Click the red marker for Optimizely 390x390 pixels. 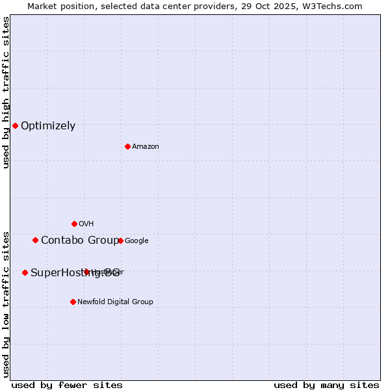point(15,125)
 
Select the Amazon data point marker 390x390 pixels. point(127,146)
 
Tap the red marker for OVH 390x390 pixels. point(74,224)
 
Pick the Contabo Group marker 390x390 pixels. point(35,240)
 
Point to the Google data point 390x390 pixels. point(120,240)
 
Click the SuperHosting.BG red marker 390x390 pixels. point(25,272)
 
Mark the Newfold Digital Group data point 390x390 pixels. point(73,302)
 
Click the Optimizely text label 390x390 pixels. point(48,126)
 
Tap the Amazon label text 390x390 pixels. point(146,147)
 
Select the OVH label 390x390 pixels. point(86,224)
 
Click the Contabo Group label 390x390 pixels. point(79,240)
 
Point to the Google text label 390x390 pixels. point(136,241)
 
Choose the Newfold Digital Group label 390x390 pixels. point(115,302)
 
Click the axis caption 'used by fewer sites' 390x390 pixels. point(67,385)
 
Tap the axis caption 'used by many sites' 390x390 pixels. point(326,385)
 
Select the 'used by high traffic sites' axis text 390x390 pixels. point(6,92)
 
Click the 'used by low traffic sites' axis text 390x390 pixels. point(6,304)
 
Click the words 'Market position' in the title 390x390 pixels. point(58,6)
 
